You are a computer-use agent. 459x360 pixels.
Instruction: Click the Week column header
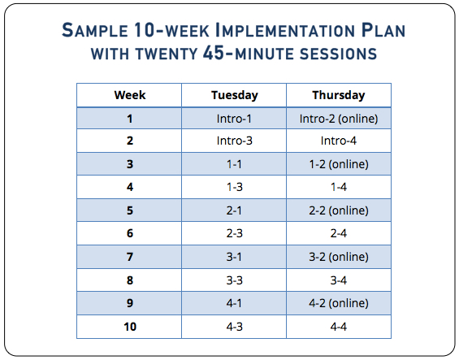(x=130, y=95)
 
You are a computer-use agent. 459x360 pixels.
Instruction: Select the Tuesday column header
(x=235, y=95)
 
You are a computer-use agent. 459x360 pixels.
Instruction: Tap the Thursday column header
(x=339, y=95)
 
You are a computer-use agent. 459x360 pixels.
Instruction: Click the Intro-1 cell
(x=234, y=119)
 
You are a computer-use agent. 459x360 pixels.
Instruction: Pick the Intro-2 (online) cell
(x=339, y=119)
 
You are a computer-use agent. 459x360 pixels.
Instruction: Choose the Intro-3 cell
(x=235, y=141)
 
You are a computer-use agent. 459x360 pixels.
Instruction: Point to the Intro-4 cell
(x=339, y=141)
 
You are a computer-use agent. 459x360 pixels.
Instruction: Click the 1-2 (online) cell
(x=339, y=164)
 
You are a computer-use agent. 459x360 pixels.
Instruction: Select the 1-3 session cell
(x=235, y=187)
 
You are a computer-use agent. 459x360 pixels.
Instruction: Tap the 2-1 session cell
(x=234, y=210)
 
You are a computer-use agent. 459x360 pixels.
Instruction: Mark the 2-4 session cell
(x=339, y=233)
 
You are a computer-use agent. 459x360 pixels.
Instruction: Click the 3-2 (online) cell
(x=339, y=257)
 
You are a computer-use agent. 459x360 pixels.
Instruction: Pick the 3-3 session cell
(x=235, y=280)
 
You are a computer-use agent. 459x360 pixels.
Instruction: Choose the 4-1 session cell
(x=234, y=303)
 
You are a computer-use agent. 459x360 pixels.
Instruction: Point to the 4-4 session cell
(x=339, y=327)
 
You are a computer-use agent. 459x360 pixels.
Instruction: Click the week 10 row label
(x=130, y=327)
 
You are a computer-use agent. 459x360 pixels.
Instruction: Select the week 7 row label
(x=130, y=257)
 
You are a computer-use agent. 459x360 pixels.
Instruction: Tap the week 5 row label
(x=130, y=210)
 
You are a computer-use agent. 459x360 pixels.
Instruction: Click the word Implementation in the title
(x=285, y=30)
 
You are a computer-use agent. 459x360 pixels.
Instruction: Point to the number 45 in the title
(x=214, y=53)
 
